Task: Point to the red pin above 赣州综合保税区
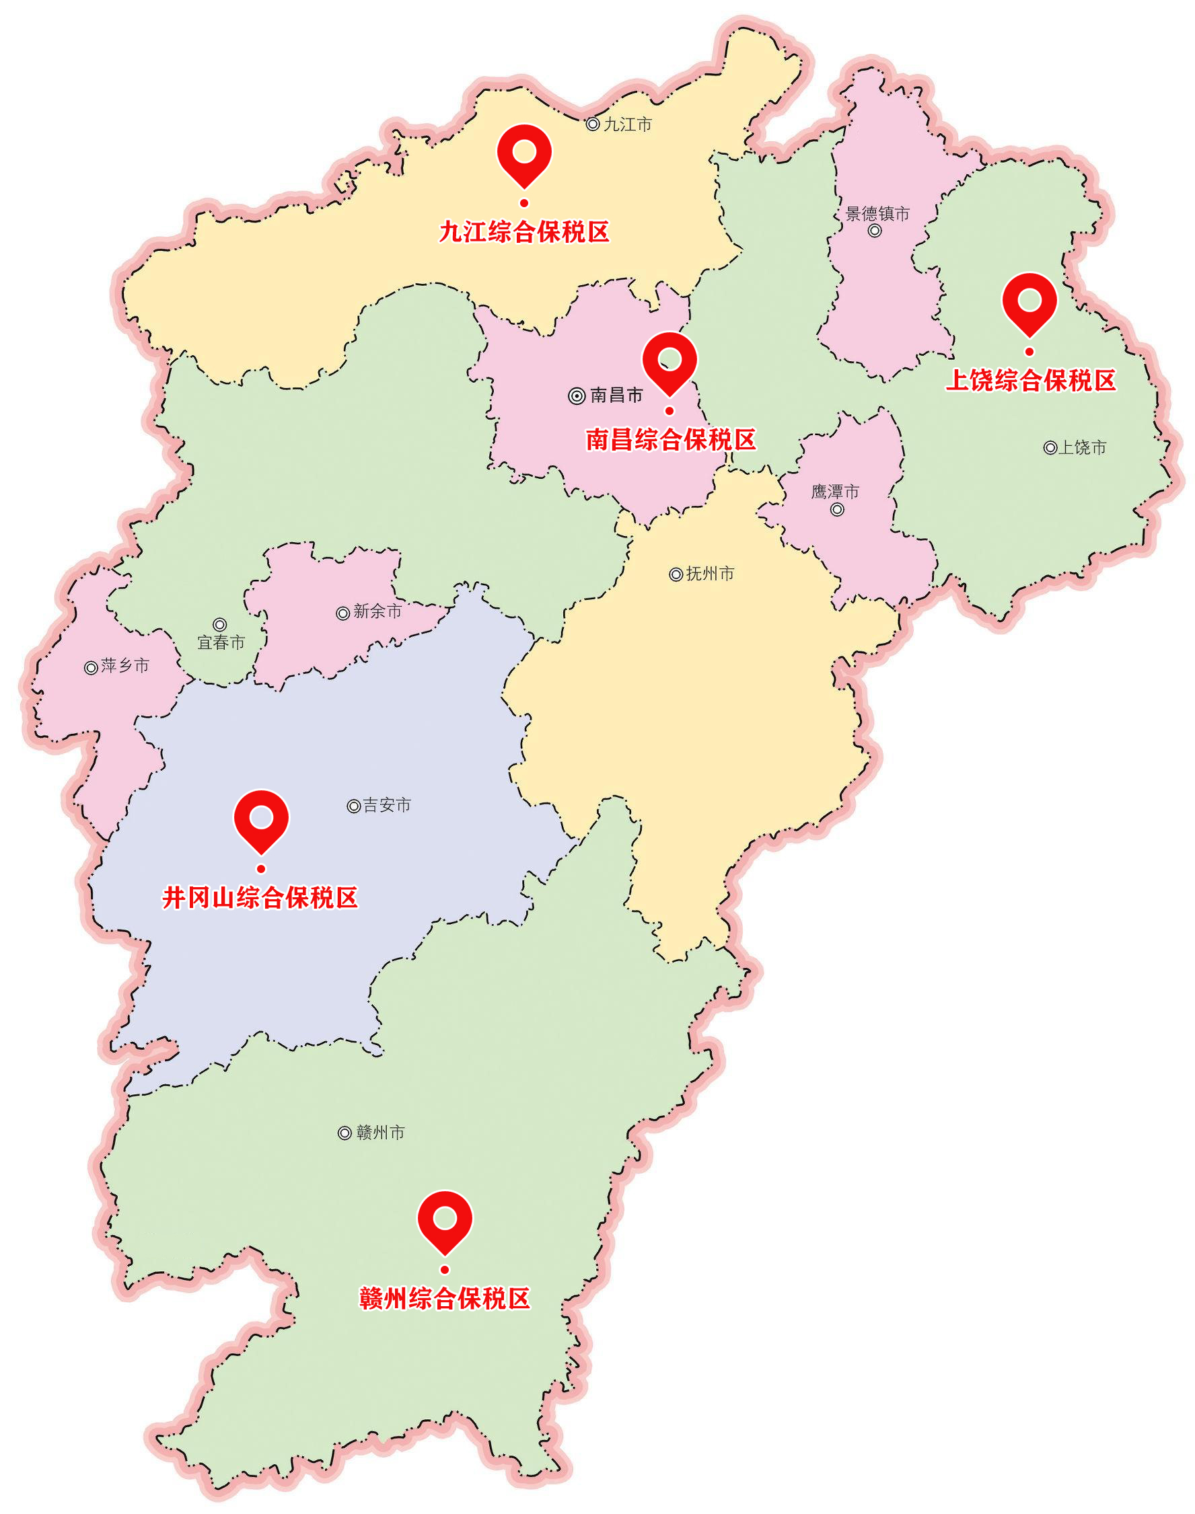[445, 1219]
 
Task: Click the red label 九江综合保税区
[524, 232]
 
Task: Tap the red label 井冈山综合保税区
[260, 898]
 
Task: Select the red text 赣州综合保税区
[445, 1299]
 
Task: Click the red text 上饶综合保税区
[1031, 381]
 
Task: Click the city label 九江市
[628, 124]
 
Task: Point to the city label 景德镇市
[877, 214]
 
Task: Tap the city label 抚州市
[710, 574]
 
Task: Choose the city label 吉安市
[387, 806]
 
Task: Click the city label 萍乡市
[125, 666]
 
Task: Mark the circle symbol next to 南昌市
[577, 397]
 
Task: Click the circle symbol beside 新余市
[343, 613]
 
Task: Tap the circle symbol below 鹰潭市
[837, 510]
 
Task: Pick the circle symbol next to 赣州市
[345, 1133]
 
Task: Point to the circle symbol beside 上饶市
[1050, 447]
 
